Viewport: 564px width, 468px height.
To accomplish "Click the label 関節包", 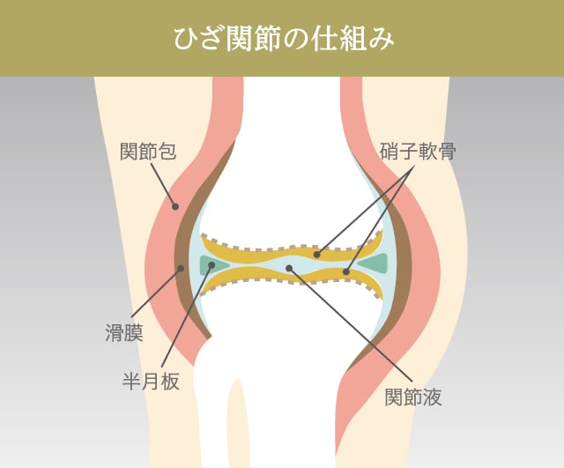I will point(148,152).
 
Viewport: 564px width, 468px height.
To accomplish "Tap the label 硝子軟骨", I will point(418,152).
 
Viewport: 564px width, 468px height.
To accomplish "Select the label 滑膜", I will point(123,334).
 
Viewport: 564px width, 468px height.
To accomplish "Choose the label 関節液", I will point(413,397).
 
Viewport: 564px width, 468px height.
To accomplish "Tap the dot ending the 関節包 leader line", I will point(175,207).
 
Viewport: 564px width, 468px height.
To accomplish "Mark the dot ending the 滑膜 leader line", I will point(181,268).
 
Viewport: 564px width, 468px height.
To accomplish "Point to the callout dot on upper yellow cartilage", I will point(316,254).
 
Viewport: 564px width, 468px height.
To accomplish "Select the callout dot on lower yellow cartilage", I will point(346,271).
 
